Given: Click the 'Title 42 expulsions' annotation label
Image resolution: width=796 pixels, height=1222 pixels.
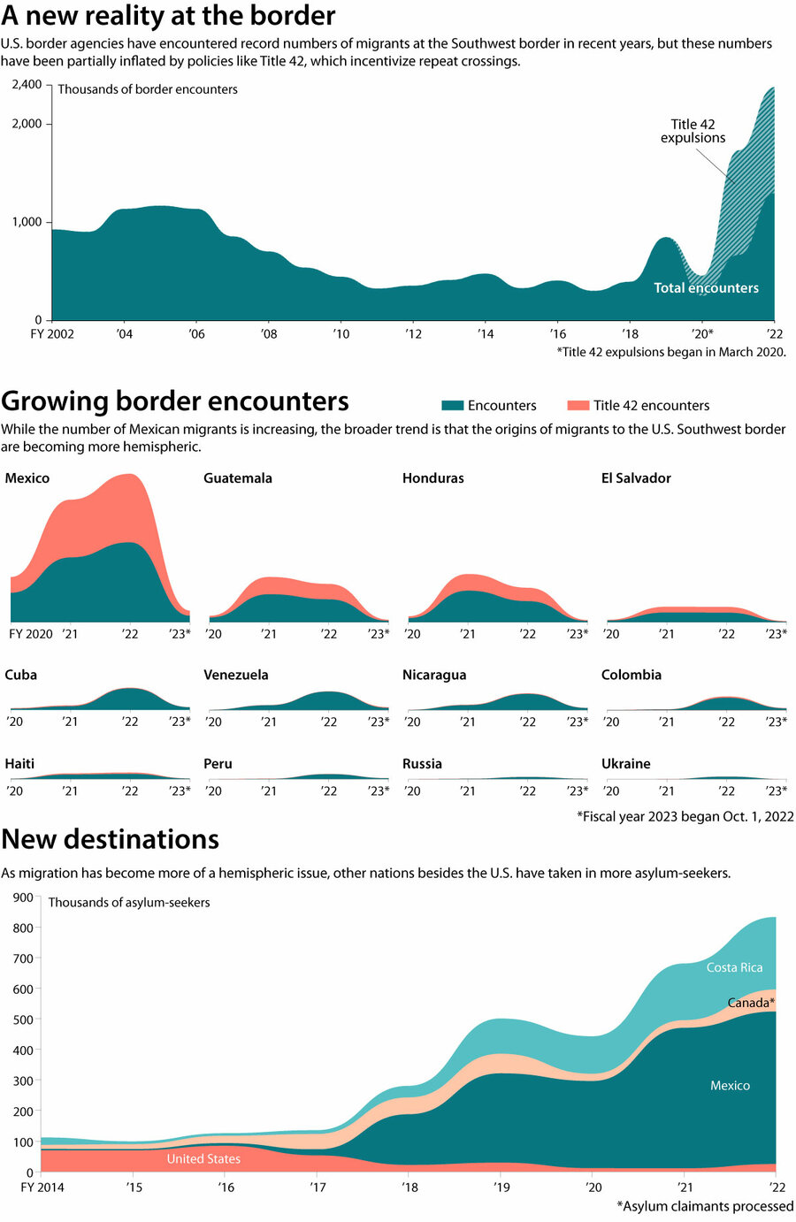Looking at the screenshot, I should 693,131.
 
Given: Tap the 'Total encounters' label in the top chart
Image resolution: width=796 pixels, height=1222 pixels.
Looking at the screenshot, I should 706,287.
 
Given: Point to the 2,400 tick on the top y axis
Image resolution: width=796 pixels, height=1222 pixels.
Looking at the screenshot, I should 27,84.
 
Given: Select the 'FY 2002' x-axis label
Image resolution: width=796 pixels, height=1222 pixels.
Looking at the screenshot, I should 52,334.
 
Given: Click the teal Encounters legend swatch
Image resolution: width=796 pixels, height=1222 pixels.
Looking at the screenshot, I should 452,405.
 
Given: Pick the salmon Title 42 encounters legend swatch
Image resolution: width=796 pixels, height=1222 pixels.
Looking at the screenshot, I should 578,405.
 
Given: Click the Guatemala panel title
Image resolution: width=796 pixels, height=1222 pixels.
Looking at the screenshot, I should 238,478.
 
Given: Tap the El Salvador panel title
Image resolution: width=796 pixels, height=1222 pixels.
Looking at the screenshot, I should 636,478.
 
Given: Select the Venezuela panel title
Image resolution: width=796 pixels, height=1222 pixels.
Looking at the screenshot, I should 236,675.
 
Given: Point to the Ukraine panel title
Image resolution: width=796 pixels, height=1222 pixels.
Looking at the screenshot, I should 625,764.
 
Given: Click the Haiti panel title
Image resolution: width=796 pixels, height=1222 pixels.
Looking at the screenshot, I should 19,764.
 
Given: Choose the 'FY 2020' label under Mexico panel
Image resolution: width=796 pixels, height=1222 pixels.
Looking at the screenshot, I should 31,634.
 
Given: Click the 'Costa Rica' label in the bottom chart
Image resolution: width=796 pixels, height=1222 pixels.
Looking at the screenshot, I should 734,967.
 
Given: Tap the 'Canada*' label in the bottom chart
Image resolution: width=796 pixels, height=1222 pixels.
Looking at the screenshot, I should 751,1003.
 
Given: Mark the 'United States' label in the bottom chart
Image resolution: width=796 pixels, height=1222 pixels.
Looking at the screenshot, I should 203,1158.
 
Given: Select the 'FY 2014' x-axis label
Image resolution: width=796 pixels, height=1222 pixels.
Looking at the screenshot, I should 42,1187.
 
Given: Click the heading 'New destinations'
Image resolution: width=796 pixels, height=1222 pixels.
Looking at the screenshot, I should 111,839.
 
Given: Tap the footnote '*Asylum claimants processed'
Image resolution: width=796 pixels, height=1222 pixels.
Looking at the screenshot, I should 705,1206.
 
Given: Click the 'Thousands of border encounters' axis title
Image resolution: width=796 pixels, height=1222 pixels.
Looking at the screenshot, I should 148,89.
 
